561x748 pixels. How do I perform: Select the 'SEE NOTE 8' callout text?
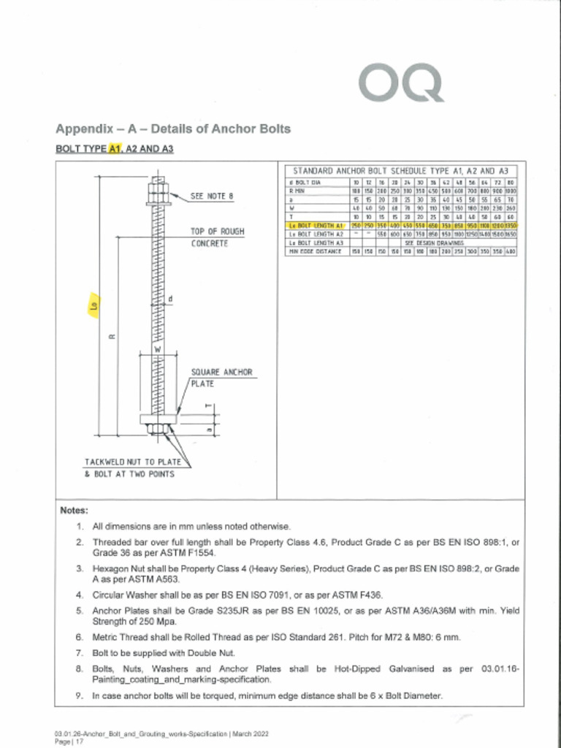click(212, 196)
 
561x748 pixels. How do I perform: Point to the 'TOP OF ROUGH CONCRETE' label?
click(217, 237)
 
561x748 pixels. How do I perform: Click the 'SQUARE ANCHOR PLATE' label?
click(221, 377)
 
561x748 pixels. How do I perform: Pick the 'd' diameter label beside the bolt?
click(170, 298)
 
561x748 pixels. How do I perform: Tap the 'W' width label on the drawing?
click(156, 350)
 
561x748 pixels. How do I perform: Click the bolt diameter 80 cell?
click(511, 182)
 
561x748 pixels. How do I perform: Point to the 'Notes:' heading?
click(74, 510)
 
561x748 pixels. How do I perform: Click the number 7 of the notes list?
click(78, 652)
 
